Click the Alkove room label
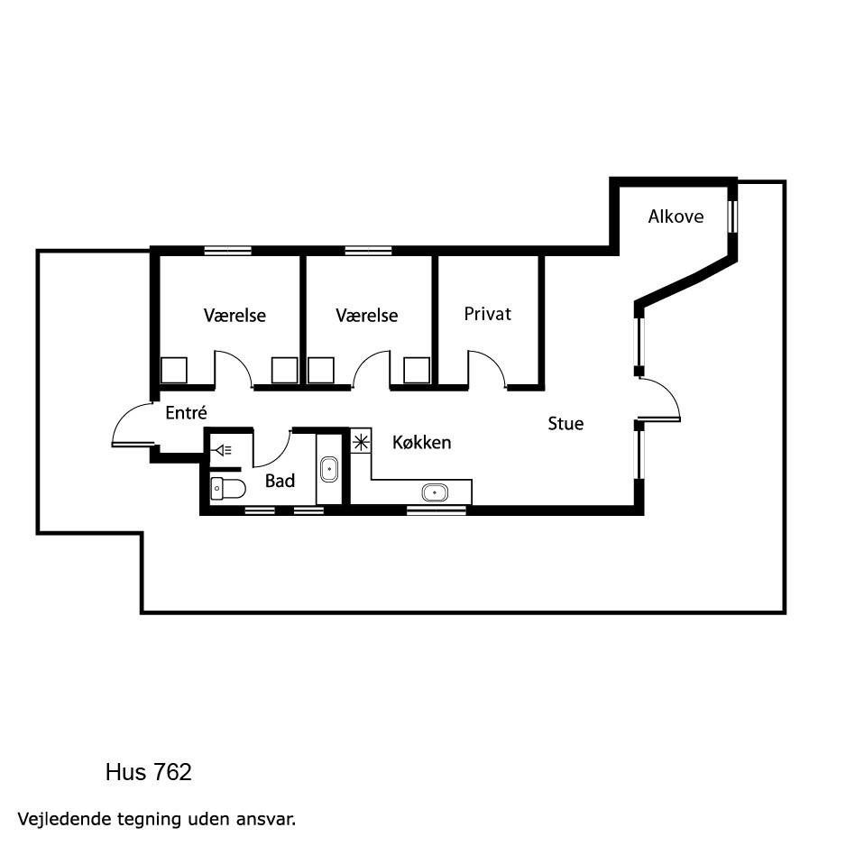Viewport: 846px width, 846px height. coord(676,216)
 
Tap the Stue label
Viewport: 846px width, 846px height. coord(566,424)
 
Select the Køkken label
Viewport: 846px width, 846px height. coord(421,443)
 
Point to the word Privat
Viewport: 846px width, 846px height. coord(487,314)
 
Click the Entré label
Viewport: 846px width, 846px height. coord(186,413)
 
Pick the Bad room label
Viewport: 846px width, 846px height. coord(280,481)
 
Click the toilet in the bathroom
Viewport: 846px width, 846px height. coord(227,489)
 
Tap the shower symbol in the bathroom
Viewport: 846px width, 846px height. coord(224,449)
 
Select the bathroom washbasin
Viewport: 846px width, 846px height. coord(329,469)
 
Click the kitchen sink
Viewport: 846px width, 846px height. coord(435,492)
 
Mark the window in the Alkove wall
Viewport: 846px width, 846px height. coord(732,216)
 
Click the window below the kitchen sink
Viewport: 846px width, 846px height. coord(436,510)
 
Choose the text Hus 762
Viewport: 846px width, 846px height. coord(149,773)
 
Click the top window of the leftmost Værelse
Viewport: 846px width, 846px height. coord(227,251)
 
